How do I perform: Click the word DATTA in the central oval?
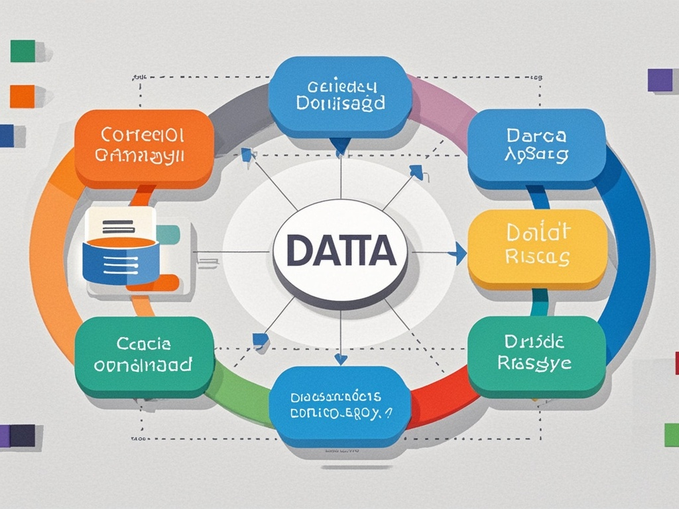[339, 253]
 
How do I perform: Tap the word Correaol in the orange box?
[143, 135]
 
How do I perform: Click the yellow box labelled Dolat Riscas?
[537, 248]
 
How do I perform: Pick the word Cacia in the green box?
[144, 344]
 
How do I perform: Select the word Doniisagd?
[341, 104]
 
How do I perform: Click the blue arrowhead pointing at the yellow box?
[457, 253]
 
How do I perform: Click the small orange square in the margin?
[22, 96]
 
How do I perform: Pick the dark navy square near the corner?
[22, 435]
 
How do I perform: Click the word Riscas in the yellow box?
[537, 257]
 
